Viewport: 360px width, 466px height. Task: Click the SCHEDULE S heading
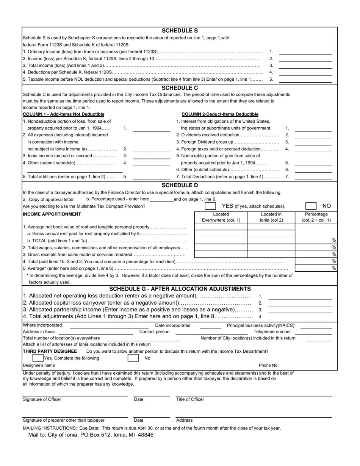tap(180, 31)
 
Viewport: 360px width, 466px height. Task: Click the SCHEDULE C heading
tap(180, 88)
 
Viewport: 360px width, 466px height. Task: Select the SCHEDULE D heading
tap(180, 185)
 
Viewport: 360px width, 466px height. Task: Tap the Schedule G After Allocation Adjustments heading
tap(180, 289)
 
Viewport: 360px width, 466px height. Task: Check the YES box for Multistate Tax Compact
tap(210, 206)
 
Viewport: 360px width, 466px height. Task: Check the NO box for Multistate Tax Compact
tap(311, 206)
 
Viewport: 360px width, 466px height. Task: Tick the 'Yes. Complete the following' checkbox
tap(38, 358)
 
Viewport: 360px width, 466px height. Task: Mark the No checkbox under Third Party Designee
tap(133, 358)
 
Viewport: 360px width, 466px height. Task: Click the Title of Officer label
tap(190, 399)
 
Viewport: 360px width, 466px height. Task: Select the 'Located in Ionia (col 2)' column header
tap(271, 217)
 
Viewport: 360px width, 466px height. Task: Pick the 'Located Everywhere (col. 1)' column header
tap(221, 217)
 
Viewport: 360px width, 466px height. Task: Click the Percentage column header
tap(316, 217)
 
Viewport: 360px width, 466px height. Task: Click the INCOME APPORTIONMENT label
tap(52, 214)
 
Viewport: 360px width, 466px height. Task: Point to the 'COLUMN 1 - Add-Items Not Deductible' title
tap(64, 114)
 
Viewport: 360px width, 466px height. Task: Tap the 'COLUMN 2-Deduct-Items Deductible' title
tap(220, 114)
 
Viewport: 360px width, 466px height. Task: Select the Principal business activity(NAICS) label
tap(260, 325)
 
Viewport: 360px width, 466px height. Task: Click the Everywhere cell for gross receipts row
tap(221, 255)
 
